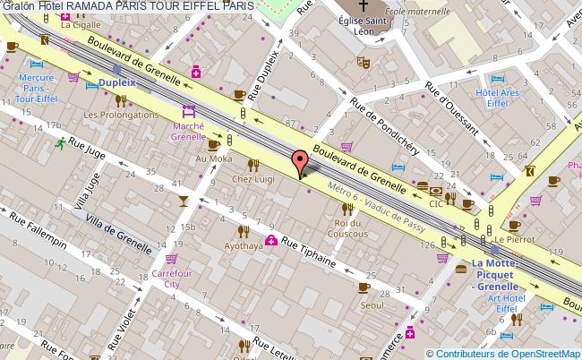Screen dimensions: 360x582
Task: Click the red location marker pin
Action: [301, 163]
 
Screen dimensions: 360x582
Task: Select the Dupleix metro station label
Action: [116, 82]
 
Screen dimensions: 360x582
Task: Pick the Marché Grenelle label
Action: [189, 132]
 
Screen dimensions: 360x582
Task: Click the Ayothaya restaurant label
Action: [244, 245]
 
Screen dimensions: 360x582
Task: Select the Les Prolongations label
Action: [121, 115]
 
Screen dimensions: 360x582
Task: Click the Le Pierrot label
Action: [514, 240]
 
